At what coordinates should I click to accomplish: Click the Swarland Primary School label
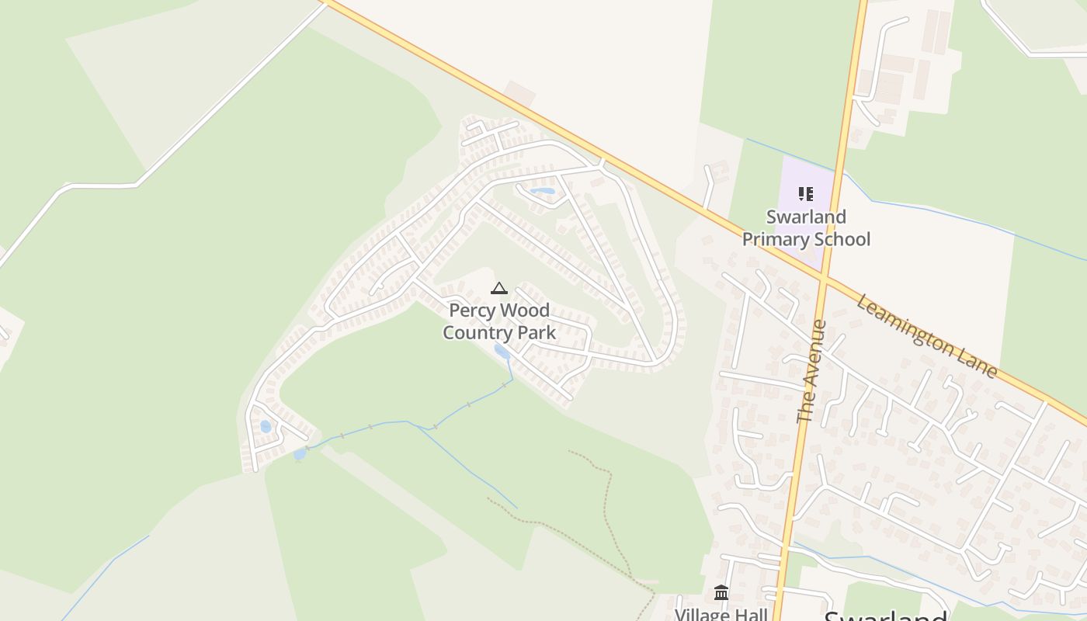point(806,227)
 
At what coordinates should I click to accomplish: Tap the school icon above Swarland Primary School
point(806,194)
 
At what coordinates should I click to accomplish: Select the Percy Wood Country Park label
point(499,321)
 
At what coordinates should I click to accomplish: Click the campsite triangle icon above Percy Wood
point(499,289)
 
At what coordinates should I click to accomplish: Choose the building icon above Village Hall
point(721,593)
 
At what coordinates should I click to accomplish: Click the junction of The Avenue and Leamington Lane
point(825,279)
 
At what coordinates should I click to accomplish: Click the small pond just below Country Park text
point(502,352)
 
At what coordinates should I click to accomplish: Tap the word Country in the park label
point(473,333)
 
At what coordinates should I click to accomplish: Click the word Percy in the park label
point(471,310)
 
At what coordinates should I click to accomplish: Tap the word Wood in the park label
point(524,310)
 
